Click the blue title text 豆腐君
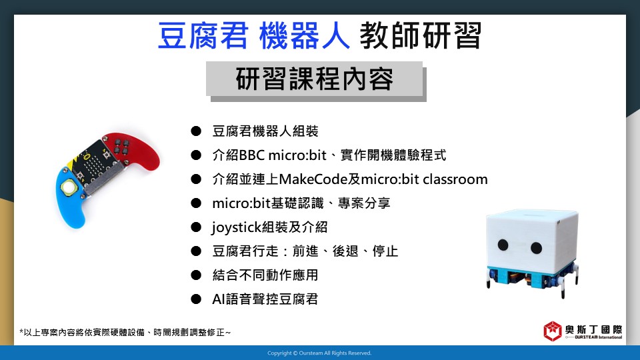[x=203, y=36]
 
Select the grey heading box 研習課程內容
[x=314, y=79]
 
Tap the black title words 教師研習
[x=421, y=36]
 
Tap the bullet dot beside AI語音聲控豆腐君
[x=196, y=299]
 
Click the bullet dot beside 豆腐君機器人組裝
[x=196, y=131]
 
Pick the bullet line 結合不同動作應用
[x=265, y=275]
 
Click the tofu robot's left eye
[x=503, y=245]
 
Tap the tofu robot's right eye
[x=536, y=247]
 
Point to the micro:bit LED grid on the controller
[x=94, y=164]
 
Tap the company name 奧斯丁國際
[x=593, y=329]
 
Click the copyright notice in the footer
[x=319, y=353]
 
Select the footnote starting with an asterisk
[x=125, y=332]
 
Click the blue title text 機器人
[x=304, y=36]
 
